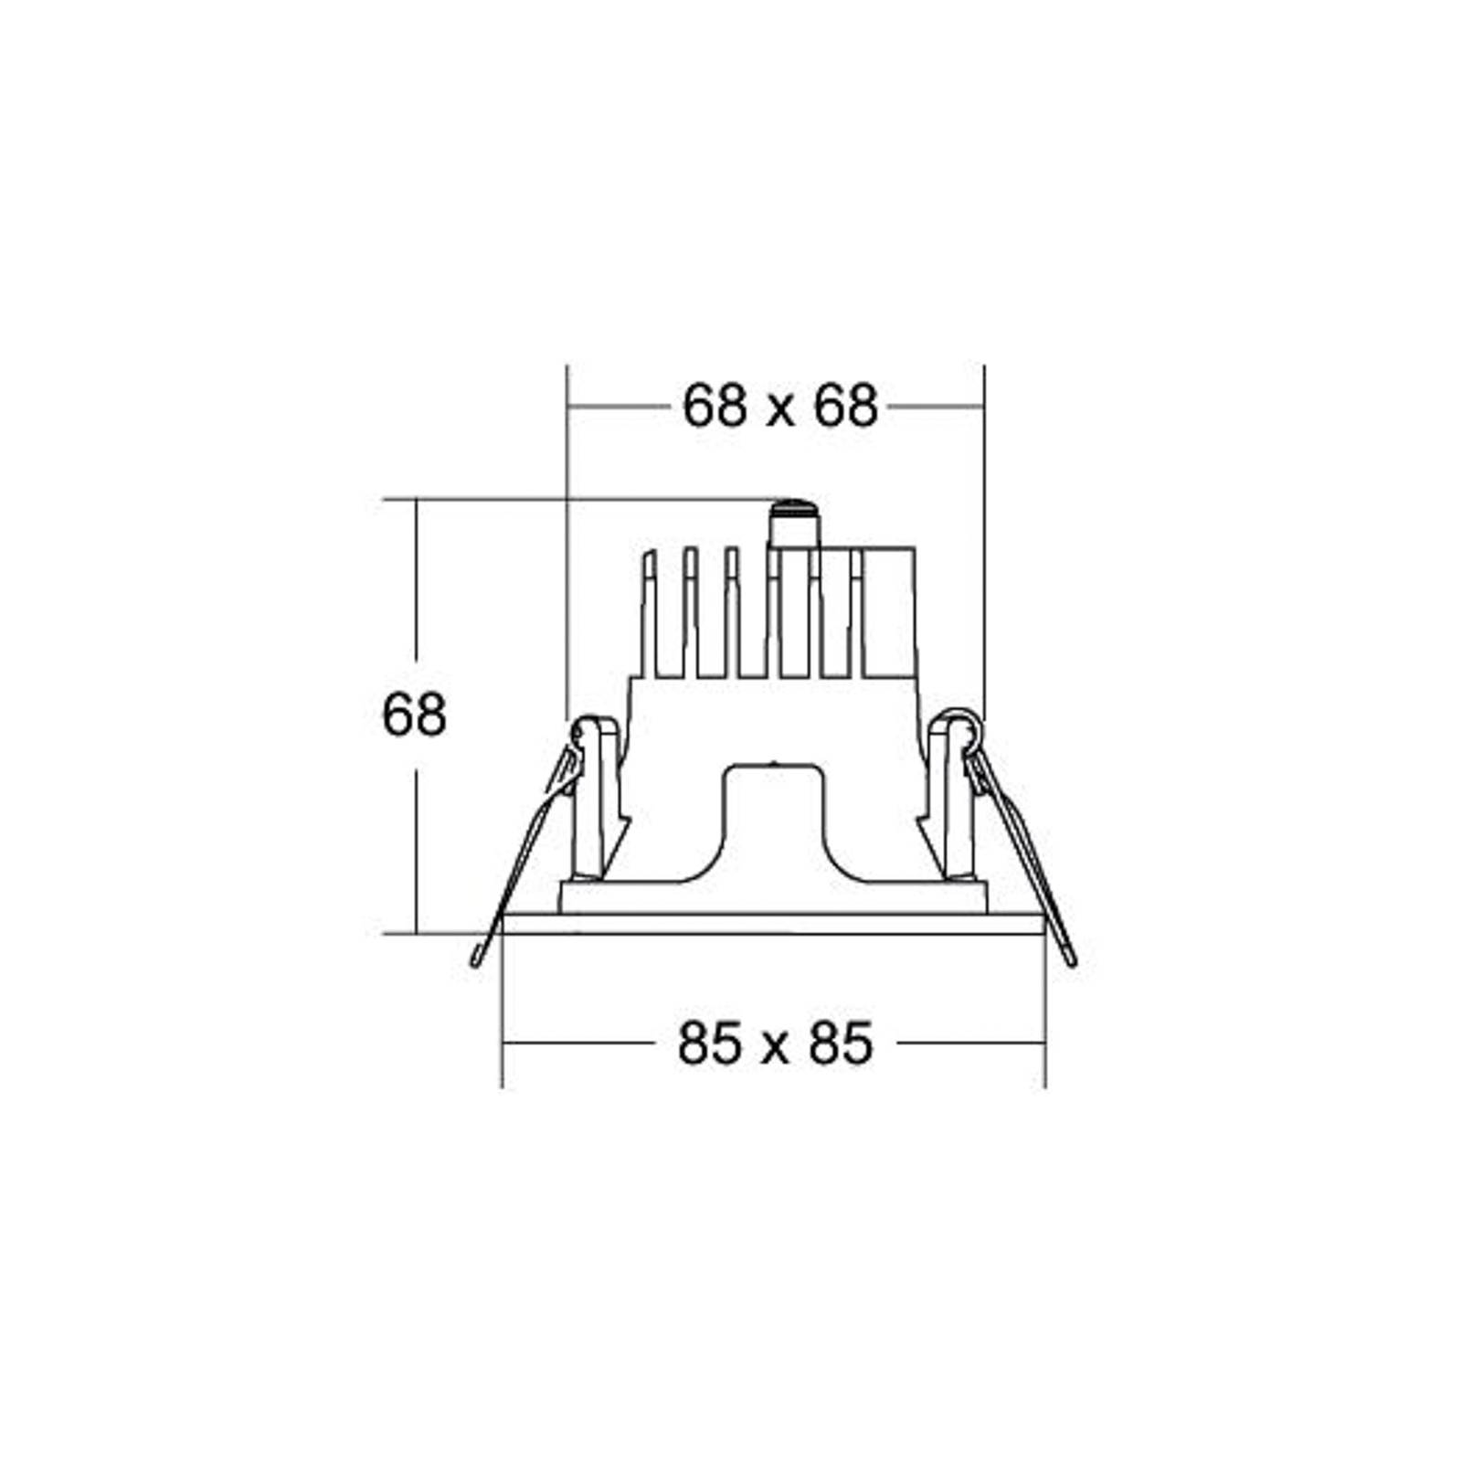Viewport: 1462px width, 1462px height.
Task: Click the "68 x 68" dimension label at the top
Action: click(779, 406)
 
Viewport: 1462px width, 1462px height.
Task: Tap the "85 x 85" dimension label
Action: click(775, 1043)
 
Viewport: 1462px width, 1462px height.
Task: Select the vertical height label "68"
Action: click(414, 715)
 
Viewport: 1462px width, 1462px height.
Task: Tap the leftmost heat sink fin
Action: click(649, 612)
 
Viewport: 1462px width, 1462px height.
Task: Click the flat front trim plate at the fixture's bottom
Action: click(773, 923)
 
